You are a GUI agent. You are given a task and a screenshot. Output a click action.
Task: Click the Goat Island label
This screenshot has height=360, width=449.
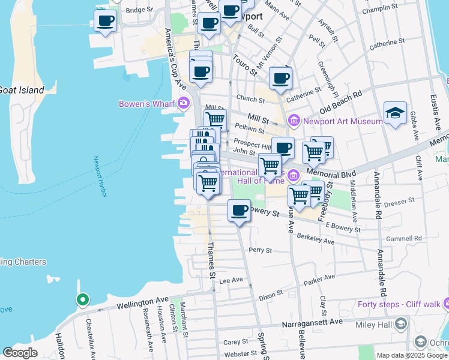point(22,90)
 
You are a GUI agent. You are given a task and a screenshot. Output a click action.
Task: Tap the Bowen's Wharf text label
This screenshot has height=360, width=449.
point(146,104)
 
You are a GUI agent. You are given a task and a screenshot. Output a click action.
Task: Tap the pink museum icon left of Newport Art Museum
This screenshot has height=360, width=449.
point(294,121)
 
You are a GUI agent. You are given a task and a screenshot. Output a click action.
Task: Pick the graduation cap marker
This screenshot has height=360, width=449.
point(395,113)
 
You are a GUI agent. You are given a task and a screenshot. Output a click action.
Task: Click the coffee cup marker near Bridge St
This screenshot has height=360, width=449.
point(106,21)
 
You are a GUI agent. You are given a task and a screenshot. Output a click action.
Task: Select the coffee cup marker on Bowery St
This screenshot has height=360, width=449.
point(239,211)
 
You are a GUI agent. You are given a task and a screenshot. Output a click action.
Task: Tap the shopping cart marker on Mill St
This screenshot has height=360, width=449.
point(215,119)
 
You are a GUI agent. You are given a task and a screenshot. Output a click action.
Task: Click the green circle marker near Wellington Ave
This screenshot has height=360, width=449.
point(82,299)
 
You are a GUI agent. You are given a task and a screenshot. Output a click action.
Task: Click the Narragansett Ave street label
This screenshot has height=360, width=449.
point(313,323)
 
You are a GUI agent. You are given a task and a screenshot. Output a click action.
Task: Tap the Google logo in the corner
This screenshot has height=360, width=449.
point(20,352)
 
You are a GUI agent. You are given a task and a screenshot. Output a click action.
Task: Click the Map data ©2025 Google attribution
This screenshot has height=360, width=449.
point(412,355)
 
